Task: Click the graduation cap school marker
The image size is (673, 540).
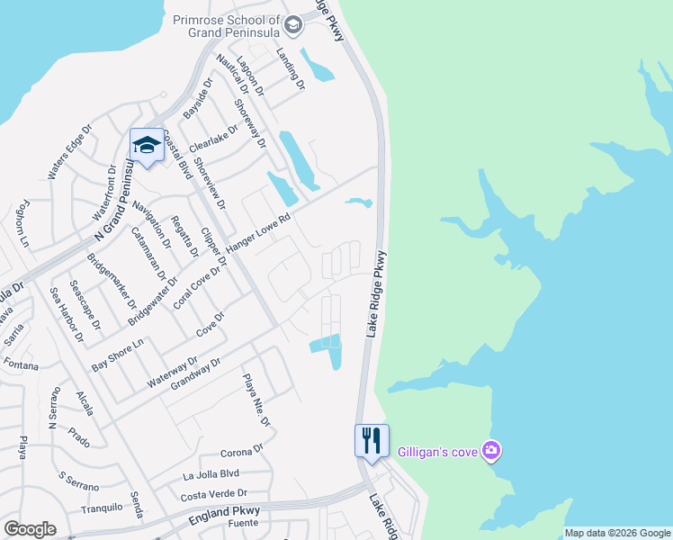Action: [x=146, y=145]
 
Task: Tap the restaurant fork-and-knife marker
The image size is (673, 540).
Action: [x=372, y=440]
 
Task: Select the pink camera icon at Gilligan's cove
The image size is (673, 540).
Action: [x=490, y=449]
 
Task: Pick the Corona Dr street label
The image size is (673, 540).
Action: [x=241, y=450]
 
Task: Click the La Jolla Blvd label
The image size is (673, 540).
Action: [x=211, y=473]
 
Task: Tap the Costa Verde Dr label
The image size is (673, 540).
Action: [x=214, y=493]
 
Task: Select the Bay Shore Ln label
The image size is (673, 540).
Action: [x=118, y=355]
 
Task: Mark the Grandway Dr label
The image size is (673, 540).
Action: [x=196, y=372]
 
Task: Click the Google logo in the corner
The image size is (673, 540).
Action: [x=30, y=529]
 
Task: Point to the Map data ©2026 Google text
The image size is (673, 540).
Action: [x=617, y=533]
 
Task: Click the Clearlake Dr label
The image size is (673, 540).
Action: [x=214, y=141]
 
